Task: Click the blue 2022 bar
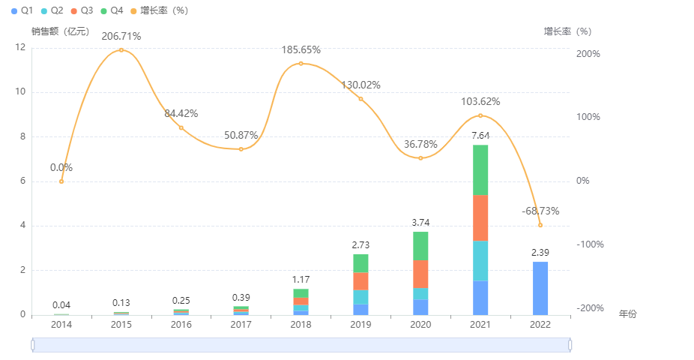[x=540, y=288]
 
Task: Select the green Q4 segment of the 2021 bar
[x=480, y=169]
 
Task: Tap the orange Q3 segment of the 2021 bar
[x=480, y=217]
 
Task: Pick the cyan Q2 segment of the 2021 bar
[x=480, y=260]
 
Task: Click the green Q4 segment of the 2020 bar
[x=420, y=246]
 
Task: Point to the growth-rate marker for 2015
[x=121, y=50]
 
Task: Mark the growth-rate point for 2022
[x=540, y=225]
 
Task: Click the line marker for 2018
[x=301, y=64]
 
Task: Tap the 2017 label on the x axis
[x=241, y=325]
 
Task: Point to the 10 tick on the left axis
[x=20, y=92]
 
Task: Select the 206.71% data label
[x=121, y=36]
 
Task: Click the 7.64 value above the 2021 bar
[x=480, y=135]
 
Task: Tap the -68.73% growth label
[x=540, y=211]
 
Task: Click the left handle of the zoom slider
[x=33, y=345]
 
